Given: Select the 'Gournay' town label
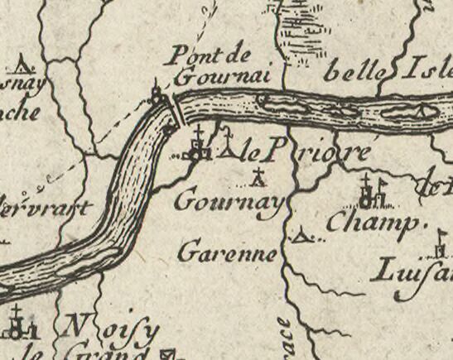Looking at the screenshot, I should tap(230, 201).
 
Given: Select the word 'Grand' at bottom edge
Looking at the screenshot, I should tap(104, 353).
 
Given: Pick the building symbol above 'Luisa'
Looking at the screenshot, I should tap(441, 248).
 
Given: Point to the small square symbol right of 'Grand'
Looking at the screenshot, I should tap(171, 354).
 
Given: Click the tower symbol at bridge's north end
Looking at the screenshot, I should tap(157, 92).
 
